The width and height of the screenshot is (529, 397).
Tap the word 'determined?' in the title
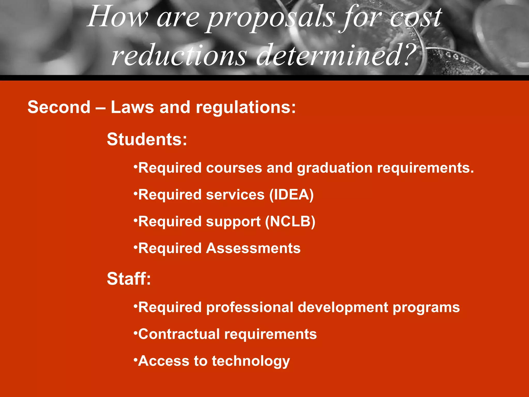pyautogui.click(x=336, y=55)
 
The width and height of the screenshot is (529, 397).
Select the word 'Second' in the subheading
pyautogui.click(x=59, y=107)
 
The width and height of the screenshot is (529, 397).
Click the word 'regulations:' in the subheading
pyautogui.click(x=246, y=108)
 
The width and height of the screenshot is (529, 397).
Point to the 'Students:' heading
pyautogui.click(x=147, y=139)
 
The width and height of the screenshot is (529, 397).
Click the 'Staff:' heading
pyautogui.click(x=129, y=279)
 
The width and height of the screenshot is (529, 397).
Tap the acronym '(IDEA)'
pyautogui.click(x=291, y=195)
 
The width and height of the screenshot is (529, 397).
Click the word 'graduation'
pyautogui.click(x=335, y=168)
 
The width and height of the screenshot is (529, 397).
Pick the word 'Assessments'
pyautogui.click(x=253, y=248)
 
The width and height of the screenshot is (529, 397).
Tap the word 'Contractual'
pyautogui.click(x=179, y=334)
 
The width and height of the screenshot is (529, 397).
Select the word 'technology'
pyautogui.click(x=251, y=361)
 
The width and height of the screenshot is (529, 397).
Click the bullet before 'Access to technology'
pyautogui.click(x=135, y=359)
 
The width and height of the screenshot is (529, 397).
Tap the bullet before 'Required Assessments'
pyautogui.click(x=135, y=246)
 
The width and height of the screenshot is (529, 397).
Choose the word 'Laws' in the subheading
pyautogui.click(x=132, y=107)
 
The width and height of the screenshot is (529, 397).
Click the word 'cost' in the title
pyautogui.click(x=416, y=18)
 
